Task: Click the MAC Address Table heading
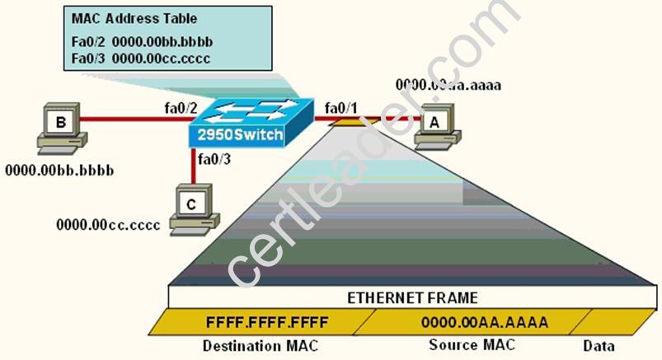[x=134, y=19]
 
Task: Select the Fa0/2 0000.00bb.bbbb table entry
[x=142, y=42]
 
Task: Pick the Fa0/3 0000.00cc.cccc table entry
[x=141, y=58]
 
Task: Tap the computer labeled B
[x=62, y=129]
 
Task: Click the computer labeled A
[x=437, y=127]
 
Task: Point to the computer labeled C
[x=195, y=209]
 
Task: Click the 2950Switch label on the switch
[x=240, y=134]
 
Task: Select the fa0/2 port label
[x=181, y=109]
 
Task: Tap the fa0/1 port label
[x=340, y=109]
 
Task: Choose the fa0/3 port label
[x=214, y=159]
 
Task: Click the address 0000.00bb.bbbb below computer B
[x=59, y=171]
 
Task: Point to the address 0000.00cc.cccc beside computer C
[x=108, y=225]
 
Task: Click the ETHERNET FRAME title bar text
[x=412, y=298]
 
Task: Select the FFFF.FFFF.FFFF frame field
[x=267, y=322]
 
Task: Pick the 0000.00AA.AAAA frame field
[x=485, y=322]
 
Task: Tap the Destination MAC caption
[x=261, y=346]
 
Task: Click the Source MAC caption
[x=472, y=345]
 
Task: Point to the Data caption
[x=599, y=346]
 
